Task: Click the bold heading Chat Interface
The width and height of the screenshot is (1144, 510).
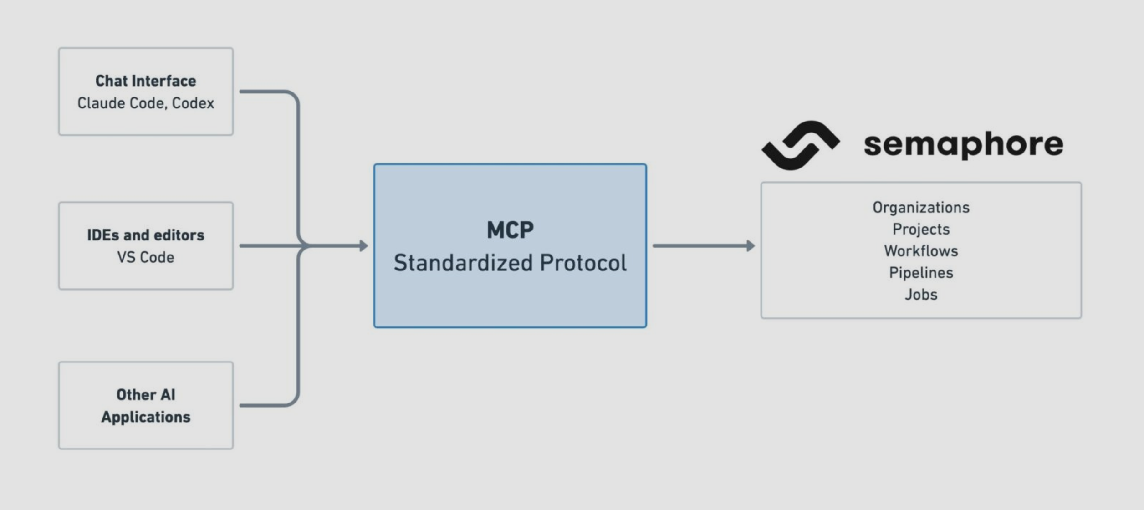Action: tap(146, 81)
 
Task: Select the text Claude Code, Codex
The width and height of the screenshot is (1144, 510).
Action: tap(146, 103)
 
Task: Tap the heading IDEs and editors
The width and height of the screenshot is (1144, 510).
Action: tap(146, 235)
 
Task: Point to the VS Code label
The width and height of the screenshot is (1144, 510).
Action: tap(146, 257)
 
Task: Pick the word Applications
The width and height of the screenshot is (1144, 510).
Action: tap(146, 417)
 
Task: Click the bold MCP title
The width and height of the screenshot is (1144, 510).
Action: tap(510, 230)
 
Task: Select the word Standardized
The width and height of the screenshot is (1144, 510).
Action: tap(463, 263)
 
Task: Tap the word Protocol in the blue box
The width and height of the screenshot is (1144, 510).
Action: tap(583, 263)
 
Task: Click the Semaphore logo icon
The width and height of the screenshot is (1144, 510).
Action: tap(800, 145)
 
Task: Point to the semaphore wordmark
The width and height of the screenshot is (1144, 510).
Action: tap(963, 145)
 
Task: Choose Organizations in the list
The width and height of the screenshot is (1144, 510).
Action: tap(921, 208)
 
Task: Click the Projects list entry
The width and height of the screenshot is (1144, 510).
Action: tap(921, 229)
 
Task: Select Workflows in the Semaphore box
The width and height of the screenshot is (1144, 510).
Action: tap(921, 251)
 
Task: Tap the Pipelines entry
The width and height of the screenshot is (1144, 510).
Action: tap(921, 273)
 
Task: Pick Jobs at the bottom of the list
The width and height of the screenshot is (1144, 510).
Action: tap(921, 295)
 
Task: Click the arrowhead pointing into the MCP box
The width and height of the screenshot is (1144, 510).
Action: tap(363, 246)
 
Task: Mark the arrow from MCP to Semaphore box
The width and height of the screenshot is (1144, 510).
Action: tap(704, 246)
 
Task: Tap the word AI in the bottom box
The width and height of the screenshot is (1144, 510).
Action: tap(168, 395)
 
